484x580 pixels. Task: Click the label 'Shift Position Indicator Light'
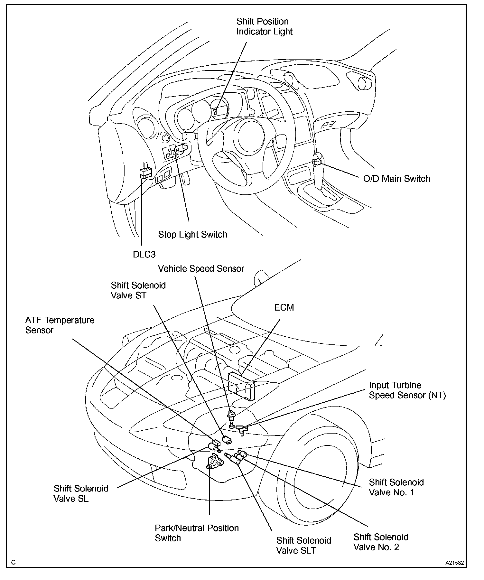pyautogui.click(x=264, y=26)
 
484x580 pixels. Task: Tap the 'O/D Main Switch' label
pyautogui.click(x=396, y=179)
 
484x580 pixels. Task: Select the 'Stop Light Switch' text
pyautogui.click(x=192, y=235)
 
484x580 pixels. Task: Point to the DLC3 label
pyautogui.click(x=144, y=255)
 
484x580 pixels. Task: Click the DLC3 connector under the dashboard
pyautogui.click(x=145, y=173)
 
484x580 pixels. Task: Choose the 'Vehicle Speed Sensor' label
pyautogui.click(x=201, y=269)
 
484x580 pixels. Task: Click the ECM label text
pyautogui.click(x=284, y=308)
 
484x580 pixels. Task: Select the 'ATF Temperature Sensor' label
pyautogui.click(x=60, y=325)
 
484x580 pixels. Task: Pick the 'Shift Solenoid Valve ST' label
pyautogui.click(x=138, y=290)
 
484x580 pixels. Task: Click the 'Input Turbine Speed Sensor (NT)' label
pyautogui.click(x=407, y=390)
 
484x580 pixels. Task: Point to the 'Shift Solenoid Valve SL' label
pyautogui.click(x=81, y=493)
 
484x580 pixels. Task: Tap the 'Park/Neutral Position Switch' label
pyautogui.click(x=197, y=533)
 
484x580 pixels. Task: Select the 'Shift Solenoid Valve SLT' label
pyautogui.click(x=303, y=545)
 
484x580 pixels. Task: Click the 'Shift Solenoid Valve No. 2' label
pyautogui.click(x=381, y=542)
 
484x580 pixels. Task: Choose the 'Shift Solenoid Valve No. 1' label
pyautogui.click(x=396, y=487)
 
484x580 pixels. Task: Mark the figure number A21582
pyautogui.click(x=454, y=563)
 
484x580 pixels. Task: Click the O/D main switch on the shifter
pyautogui.click(x=317, y=162)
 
